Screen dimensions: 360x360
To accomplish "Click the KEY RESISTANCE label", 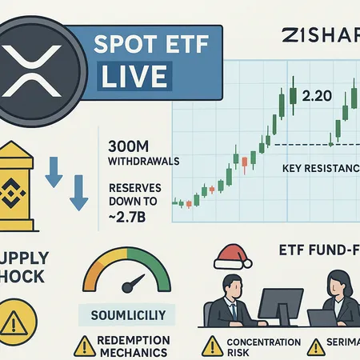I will click(x=318, y=169).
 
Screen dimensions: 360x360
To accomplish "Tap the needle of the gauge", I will click(x=135, y=284).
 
